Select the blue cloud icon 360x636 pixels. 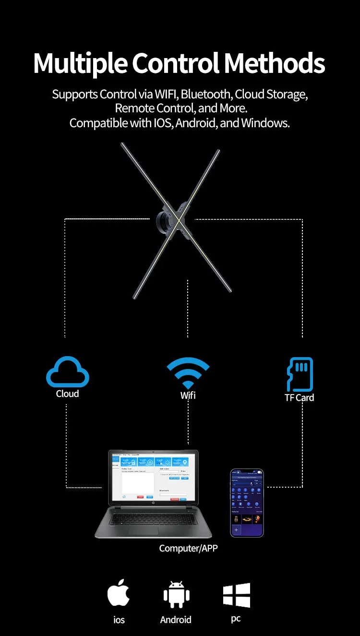(67, 372)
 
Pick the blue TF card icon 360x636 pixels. (300, 374)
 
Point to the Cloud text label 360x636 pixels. (67, 394)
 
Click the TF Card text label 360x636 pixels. (299, 397)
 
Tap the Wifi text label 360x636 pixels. (188, 396)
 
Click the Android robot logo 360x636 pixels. (176, 595)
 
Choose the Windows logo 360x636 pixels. (237, 595)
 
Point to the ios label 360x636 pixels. (119, 620)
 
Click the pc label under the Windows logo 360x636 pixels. (236, 618)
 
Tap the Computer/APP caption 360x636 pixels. (188, 548)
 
